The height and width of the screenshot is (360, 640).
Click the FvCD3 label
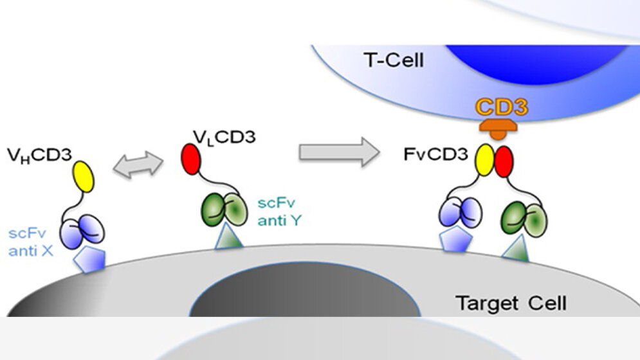coord(434,155)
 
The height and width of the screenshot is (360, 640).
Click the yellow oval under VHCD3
coord(83,176)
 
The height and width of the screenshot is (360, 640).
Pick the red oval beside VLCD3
coord(191,159)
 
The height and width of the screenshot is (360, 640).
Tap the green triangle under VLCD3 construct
coord(227,239)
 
